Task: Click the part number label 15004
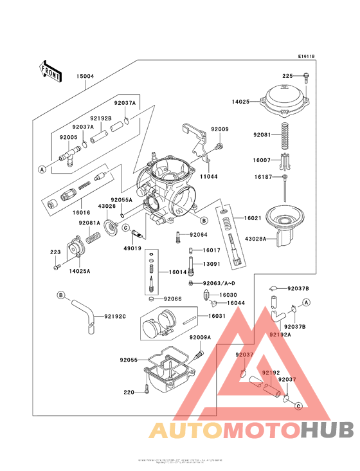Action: point(85,76)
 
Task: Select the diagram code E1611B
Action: point(305,57)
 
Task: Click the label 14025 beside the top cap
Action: point(242,101)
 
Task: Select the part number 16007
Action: point(262,158)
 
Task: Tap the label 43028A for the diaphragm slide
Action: point(256,239)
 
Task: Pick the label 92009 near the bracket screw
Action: point(220,129)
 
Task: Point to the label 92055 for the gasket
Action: point(129,360)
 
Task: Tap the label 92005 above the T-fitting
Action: point(68,137)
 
